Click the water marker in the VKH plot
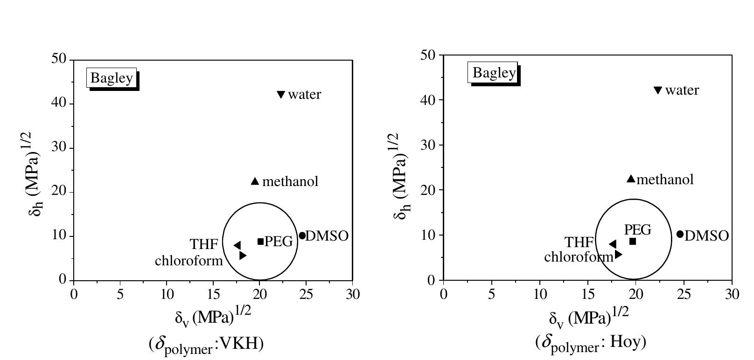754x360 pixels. (281, 95)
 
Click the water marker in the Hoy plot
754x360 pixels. (658, 90)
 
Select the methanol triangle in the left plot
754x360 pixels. (255, 181)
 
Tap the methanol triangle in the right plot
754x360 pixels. (631, 179)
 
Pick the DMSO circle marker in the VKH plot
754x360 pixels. (302, 235)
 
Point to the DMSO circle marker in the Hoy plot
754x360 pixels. (680, 234)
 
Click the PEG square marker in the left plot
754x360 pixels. (261, 241)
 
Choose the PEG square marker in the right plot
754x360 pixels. (633, 241)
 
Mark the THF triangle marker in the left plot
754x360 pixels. (237, 245)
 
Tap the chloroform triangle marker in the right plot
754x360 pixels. (618, 254)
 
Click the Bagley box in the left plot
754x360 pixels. (112, 78)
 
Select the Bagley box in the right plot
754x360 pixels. (494, 73)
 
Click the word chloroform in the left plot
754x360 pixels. (189, 260)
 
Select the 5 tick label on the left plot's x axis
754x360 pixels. (120, 294)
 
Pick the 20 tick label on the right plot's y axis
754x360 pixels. (428, 190)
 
